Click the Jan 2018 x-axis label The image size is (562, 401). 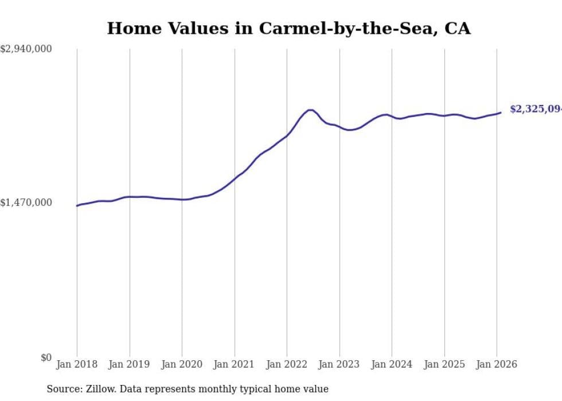(77, 364)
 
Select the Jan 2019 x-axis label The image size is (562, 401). (130, 364)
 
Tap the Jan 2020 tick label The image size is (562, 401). (182, 364)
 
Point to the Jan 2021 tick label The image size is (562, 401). (235, 364)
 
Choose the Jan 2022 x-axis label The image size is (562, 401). (287, 364)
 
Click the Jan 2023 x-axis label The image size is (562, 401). (339, 364)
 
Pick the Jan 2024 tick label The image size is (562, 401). (392, 364)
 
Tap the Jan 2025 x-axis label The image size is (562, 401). (444, 364)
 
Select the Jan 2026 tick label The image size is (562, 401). (497, 364)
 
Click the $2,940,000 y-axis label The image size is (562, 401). (26, 49)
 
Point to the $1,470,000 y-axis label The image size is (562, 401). (26, 203)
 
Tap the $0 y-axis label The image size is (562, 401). (46, 357)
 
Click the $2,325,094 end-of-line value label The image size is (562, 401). (535, 109)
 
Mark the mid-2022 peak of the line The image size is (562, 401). (310, 110)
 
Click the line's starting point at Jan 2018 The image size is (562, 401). (77, 205)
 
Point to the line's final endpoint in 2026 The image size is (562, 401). (501, 112)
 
